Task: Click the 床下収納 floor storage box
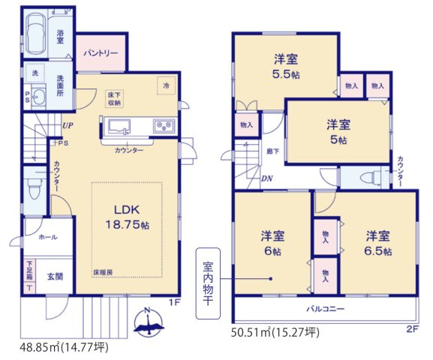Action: pos(115,97)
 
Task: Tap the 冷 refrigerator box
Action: pos(165,85)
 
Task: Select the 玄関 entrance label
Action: pos(56,276)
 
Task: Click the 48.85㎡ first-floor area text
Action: pos(64,347)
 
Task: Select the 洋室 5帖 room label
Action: pos(339,131)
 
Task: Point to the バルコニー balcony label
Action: pos(324,307)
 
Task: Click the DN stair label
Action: pos(266,178)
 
